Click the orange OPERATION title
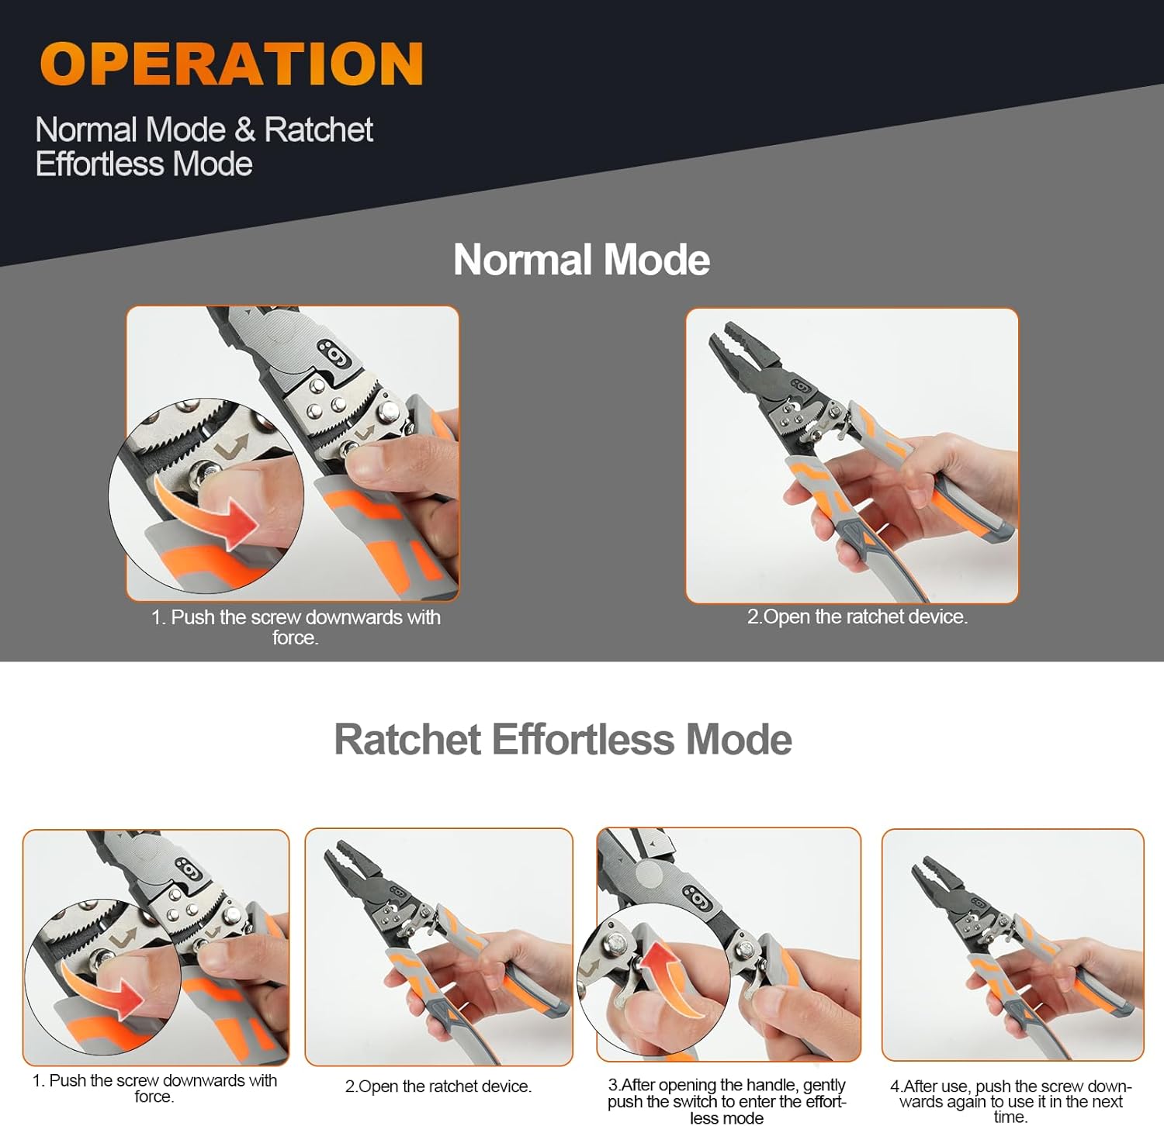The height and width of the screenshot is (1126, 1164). (231, 64)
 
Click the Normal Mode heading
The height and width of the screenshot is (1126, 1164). (581, 259)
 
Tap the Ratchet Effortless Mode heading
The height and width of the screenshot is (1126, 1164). (563, 739)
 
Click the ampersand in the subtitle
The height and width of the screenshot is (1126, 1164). (244, 130)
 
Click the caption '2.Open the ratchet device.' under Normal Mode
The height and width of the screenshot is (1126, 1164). (857, 617)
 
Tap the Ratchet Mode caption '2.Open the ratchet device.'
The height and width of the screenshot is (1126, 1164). (438, 1086)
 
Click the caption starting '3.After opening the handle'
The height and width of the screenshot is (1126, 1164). (727, 1101)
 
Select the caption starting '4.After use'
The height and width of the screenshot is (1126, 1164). (1011, 1101)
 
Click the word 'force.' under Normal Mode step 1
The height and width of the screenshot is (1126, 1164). (296, 637)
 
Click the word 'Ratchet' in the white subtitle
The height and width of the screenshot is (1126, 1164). (319, 130)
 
